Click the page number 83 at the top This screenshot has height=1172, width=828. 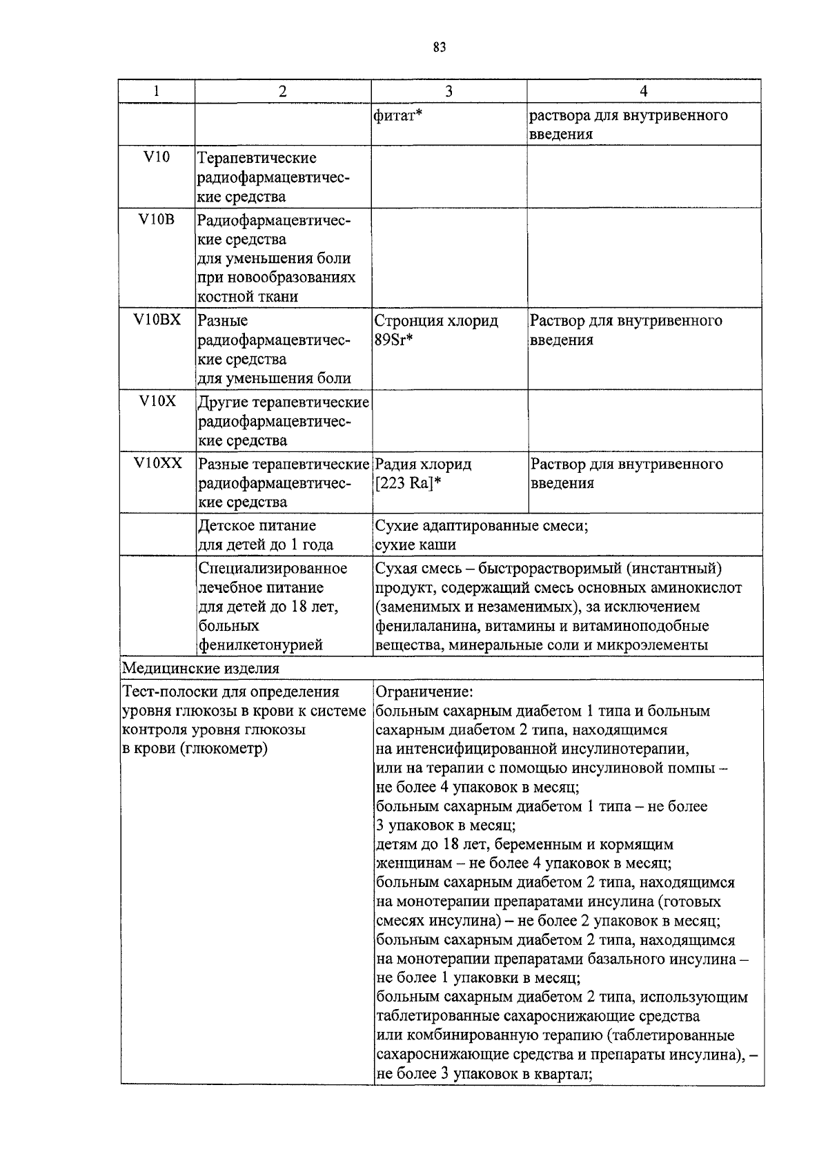tap(440, 48)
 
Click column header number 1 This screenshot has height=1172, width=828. tap(156, 91)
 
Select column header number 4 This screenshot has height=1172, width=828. tap(643, 91)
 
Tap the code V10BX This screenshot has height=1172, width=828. tap(157, 320)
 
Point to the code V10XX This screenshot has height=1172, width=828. tap(158, 463)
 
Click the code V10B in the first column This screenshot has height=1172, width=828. tap(157, 220)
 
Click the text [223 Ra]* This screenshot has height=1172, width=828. tap(407, 483)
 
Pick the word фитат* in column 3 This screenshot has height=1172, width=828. tap(397, 115)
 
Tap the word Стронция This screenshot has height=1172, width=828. tap(408, 321)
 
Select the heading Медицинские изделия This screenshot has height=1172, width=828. tap(201, 668)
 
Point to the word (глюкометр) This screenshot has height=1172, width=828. tap(224, 749)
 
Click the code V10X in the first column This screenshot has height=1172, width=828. tap(157, 401)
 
